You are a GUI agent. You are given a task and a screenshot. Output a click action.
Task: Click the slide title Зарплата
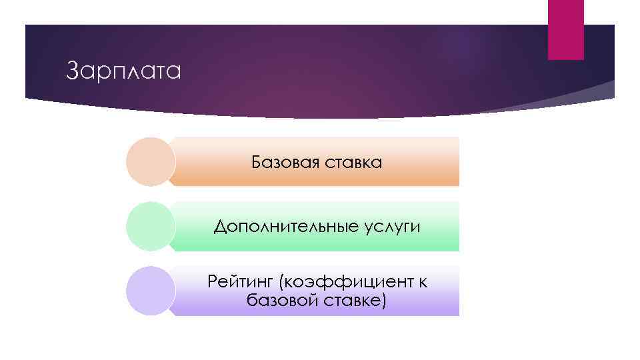tap(124, 71)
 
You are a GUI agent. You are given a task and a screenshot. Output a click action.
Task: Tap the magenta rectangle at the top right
tap(565, 29)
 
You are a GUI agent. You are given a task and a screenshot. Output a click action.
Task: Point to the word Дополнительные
tap(287, 227)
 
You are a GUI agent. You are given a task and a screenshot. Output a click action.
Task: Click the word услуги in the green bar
tap(393, 227)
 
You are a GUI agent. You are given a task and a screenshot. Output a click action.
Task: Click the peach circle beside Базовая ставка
tap(151, 161)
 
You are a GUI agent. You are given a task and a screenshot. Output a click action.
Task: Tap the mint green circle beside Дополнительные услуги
tap(151, 226)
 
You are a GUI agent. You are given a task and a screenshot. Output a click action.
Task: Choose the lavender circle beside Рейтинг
tap(151, 291)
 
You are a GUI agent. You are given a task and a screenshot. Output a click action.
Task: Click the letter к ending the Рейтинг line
tap(423, 282)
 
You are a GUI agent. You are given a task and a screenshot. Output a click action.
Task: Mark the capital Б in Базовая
tap(257, 162)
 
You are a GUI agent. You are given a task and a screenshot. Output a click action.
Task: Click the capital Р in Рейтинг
tap(213, 282)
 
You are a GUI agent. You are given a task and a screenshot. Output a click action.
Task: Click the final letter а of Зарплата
tap(174, 71)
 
